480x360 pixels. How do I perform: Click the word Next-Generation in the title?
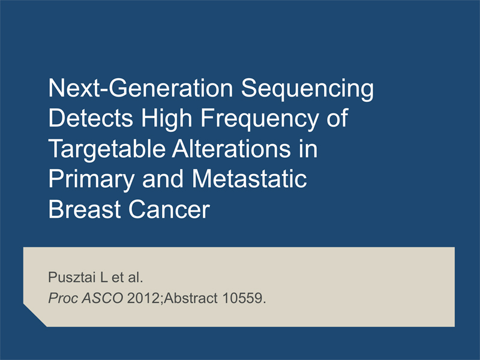141,88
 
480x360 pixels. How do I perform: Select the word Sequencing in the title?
307,89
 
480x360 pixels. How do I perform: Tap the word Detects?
91,118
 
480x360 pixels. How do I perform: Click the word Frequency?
259,119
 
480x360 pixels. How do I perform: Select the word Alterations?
232,148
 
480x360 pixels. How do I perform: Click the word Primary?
91,181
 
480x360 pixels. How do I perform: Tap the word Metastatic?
249,178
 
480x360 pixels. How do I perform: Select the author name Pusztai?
72,277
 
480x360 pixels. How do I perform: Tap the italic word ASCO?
102,298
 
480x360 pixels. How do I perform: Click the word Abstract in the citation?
190,298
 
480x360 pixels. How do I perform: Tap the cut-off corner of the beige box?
35,316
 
